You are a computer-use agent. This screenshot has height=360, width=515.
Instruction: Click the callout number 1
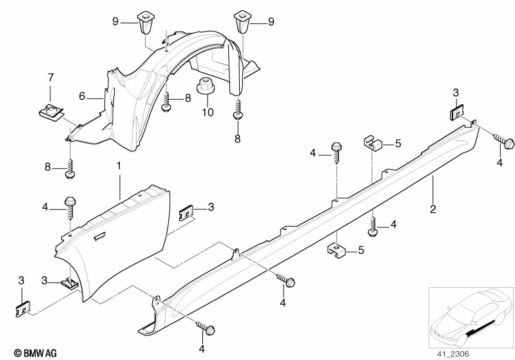[x=119, y=166]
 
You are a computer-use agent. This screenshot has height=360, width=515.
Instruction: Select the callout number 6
[x=82, y=96]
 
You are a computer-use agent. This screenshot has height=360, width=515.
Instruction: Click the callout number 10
[x=208, y=113]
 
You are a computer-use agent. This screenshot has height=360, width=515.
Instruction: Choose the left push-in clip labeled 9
[x=144, y=21]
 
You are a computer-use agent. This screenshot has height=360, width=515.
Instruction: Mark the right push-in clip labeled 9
[x=242, y=21]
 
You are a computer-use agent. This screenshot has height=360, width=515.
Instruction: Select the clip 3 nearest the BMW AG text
[x=22, y=308]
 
